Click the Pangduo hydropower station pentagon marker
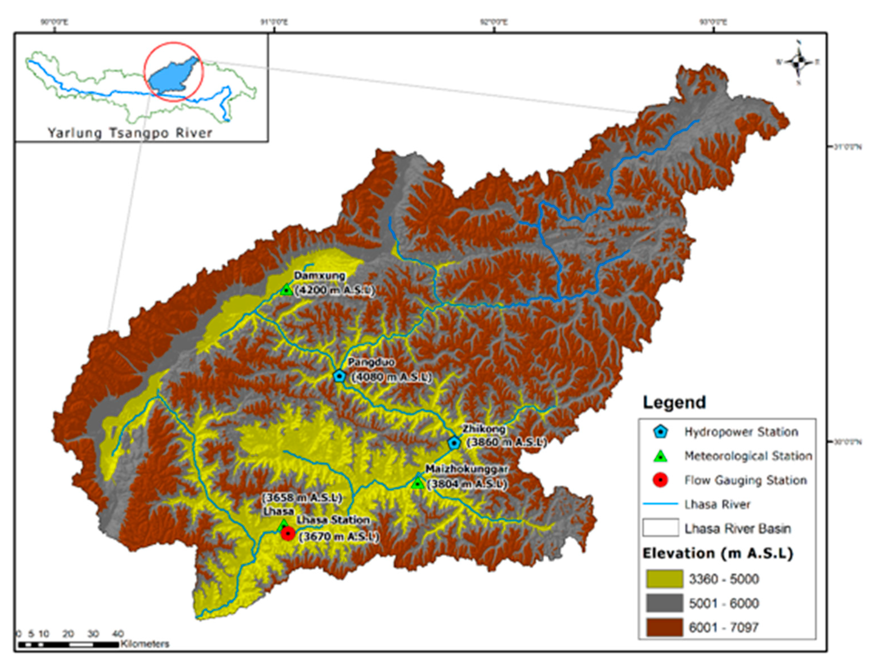(339, 375)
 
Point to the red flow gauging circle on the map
(288, 533)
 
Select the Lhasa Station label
(333, 520)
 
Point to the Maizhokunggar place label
(467, 469)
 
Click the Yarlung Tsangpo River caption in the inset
(130, 133)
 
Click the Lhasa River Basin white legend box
(660, 528)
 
